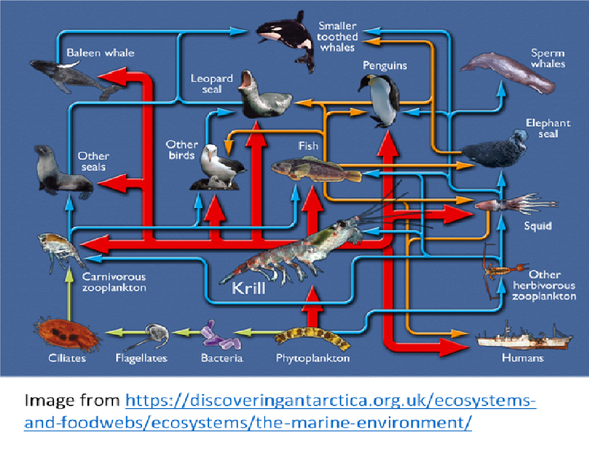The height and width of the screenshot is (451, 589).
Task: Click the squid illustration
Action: [x=514, y=204]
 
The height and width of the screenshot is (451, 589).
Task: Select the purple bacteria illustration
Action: [x=221, y=337]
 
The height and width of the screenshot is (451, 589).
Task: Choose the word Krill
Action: [x=248, y=289]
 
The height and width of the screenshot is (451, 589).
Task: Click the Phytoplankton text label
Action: [x=313, y=358]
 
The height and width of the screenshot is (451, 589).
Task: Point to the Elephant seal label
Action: [x=548, y=129]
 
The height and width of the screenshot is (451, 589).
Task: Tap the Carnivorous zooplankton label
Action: [x=114, y=282]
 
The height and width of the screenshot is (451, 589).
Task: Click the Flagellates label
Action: [x=141, y=358]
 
